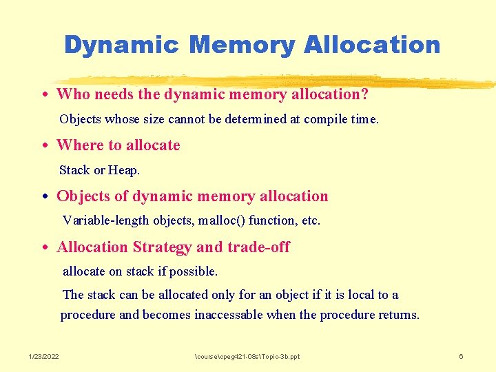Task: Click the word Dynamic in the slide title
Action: click(121, 45)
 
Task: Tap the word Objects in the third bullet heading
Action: click(83, 196)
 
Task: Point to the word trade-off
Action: click(258, 247)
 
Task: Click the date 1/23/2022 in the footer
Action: click(44, 356)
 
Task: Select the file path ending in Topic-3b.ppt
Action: click(247, 356)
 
